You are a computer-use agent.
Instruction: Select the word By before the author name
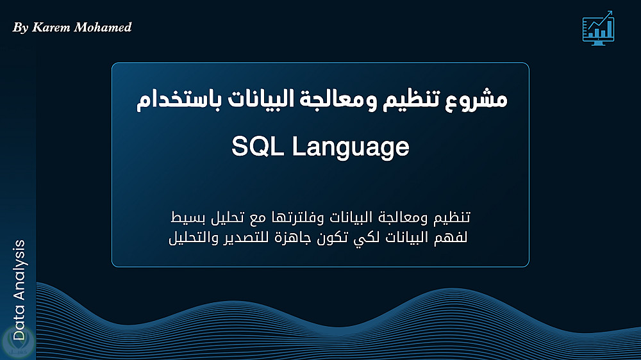click(21, 28)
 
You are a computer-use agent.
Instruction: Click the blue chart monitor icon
click(598, 28)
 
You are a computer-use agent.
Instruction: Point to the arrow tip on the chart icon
click(612, 12)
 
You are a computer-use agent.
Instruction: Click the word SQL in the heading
click(258, 146)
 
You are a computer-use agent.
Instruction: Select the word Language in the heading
click(351, 148)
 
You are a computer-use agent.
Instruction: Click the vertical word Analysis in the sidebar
click(19, 270)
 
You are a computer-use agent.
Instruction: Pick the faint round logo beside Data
click(17, 341)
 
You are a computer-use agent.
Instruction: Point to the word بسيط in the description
click(186, 218)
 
